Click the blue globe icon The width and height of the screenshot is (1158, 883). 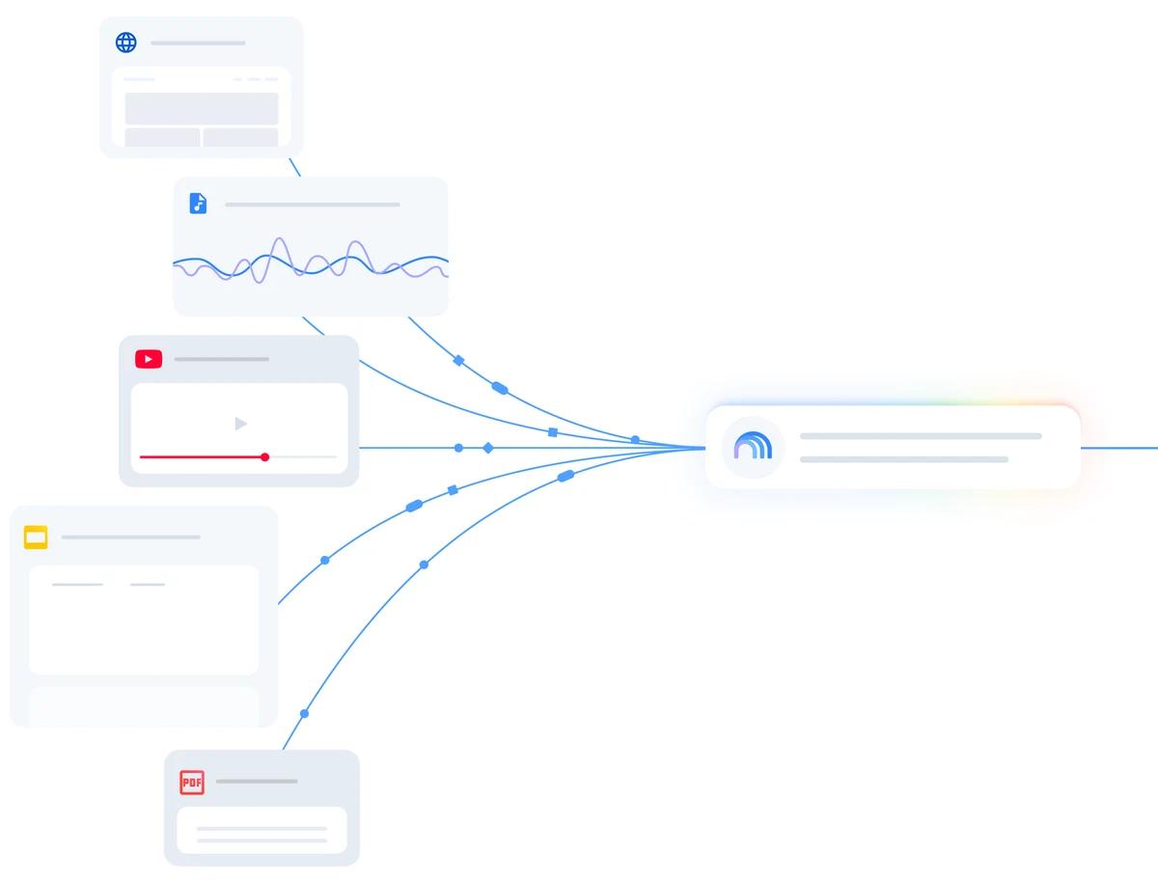click(126, 42)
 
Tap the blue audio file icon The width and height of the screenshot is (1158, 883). click(198, 203)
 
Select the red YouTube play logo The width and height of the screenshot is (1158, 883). click(149, 359)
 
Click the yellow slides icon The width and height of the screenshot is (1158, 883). click(36, 538)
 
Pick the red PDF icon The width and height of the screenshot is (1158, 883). click(192, 783)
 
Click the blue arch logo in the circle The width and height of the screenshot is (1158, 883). click(753, 446)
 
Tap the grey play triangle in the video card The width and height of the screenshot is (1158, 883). click(240, 424)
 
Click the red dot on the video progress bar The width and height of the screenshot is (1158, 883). click(264, 457)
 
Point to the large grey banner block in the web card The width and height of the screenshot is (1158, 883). click(202, 109)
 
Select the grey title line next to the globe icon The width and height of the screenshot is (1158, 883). click(198, 43)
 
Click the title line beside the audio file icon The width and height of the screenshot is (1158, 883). click(313, 205)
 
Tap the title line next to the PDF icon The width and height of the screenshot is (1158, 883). click(257, 782)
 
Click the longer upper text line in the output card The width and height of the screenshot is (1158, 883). click(921, 436)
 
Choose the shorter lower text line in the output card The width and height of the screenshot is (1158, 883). click(903, 459)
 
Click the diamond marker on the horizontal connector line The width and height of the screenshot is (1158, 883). click(488, 449)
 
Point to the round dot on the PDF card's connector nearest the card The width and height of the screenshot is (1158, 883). click(304, 714)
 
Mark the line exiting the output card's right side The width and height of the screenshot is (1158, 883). click(1119, 449)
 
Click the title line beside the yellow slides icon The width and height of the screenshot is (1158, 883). click(131, 538)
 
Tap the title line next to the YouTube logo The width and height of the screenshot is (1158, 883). click(222, 359)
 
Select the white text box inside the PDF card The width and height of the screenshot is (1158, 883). click(262, 830)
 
